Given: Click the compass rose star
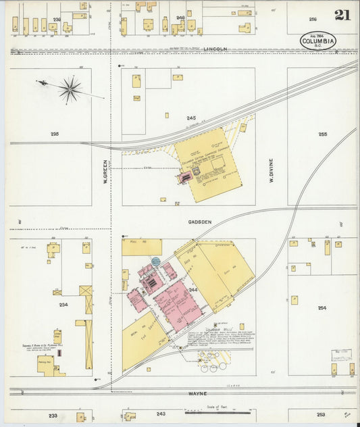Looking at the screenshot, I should (x=70, y=89).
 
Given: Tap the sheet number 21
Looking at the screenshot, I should (x=342, y=15).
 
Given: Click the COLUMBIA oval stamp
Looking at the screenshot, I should (x=319, y=41).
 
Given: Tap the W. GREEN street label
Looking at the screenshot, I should (x=105, y=172).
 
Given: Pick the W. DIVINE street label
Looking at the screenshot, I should (x=271, y=172).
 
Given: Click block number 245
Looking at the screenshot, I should (x=191, y=118).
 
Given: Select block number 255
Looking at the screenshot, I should (x=322, y=134).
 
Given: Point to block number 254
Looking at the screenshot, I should (x=322, y=307).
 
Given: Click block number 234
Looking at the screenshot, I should (x=63, y=305).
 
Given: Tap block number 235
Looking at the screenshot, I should (x=54, y=134).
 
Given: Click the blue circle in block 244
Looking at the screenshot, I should (x=156, y=261).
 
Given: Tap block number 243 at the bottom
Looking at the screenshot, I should (x=161, y=413).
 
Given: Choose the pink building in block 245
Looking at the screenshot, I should (x=185, y=177).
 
